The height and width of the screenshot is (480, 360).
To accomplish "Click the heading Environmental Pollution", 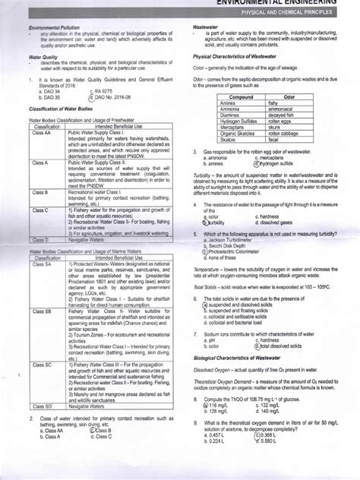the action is (51, 27).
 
